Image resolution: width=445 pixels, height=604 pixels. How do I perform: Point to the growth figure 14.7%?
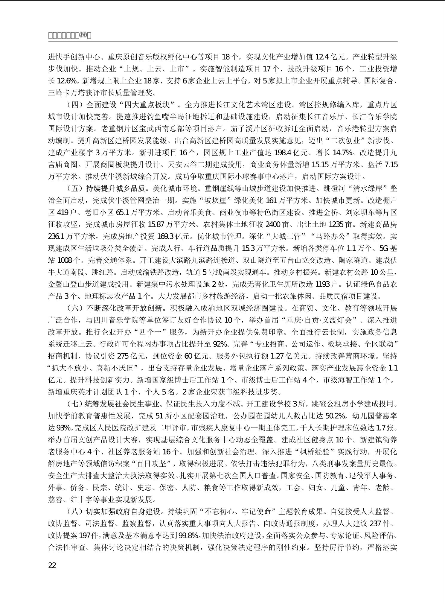pos(343,153)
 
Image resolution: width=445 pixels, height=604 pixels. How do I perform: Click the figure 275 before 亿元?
pos(123,356)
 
